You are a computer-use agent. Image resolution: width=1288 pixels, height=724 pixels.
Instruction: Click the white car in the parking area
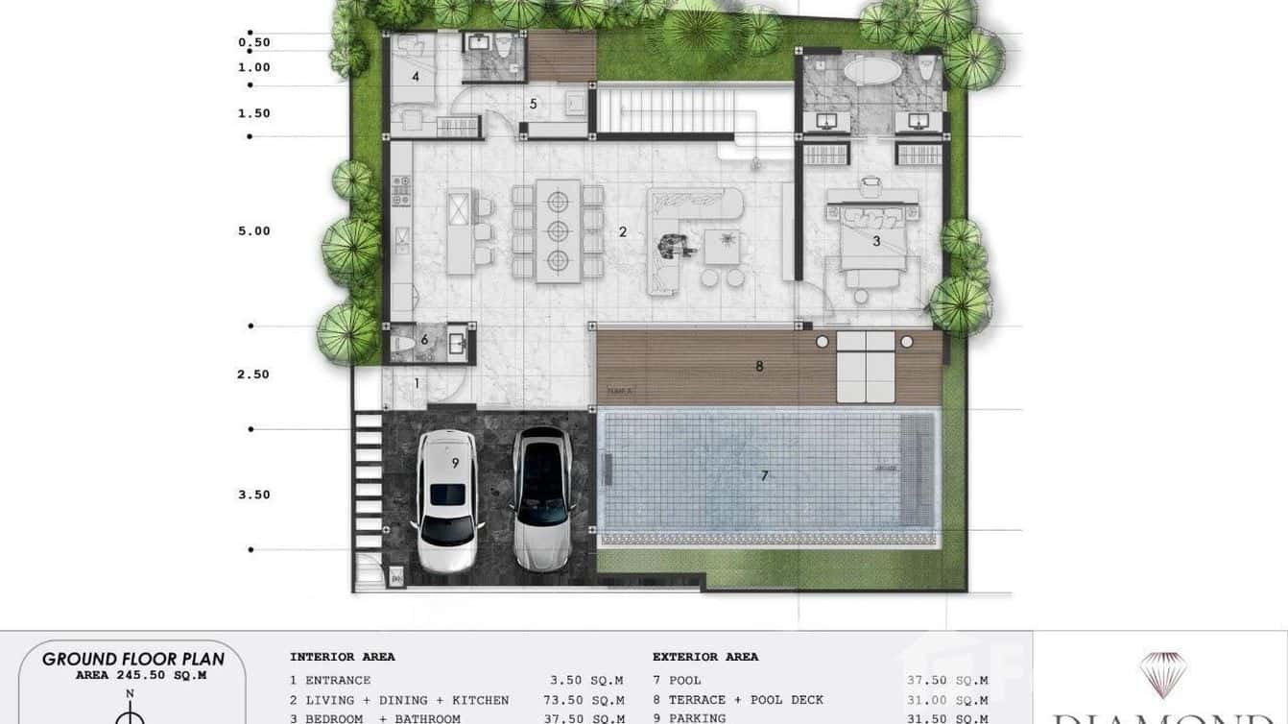(x=447, y=499)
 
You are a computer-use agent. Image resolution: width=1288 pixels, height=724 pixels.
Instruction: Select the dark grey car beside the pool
(x=542, y=497)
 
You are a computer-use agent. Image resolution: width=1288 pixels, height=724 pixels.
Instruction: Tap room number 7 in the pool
(x=764, y=475)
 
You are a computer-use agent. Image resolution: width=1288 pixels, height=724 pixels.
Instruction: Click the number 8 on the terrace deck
(x=759, y=366)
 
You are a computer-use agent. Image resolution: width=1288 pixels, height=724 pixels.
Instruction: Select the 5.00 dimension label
(x=254, y=231)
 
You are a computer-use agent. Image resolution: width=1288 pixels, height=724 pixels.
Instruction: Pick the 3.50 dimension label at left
(x=254, y=495)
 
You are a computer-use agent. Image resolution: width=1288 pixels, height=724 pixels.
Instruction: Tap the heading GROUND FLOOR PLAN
(x=133, y=659)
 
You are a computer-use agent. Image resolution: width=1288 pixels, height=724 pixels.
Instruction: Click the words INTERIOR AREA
(x=343, y=658)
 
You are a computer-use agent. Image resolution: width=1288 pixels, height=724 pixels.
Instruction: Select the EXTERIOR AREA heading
(x=705, y=658)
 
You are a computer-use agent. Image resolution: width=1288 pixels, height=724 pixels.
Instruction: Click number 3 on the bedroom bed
(x=876, y=242)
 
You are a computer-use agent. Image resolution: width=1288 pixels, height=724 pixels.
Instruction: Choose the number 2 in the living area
(x=622, y=231)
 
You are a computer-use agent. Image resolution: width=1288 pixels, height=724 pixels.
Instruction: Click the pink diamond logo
(x=1163, y=673)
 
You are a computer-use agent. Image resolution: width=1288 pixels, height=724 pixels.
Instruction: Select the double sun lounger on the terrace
(x=866, y=367)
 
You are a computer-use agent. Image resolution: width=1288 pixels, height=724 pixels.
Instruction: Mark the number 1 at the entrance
(x=417, y=383)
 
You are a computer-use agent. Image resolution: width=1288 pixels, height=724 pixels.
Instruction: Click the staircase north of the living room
(x=668, y=109)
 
